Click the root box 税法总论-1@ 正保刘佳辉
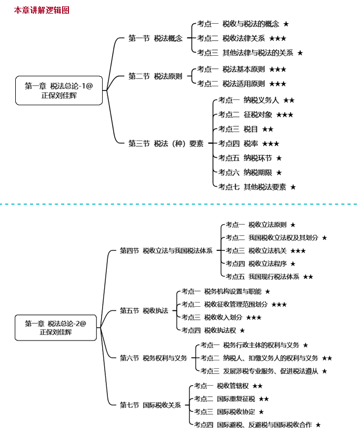(59, 90)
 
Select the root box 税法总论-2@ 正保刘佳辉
(56, 328)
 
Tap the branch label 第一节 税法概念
(155, 38)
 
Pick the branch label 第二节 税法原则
(155, 76)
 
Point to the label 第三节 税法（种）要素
(166, 143)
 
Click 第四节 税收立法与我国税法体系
(166, 251)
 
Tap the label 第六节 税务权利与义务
(153, 358)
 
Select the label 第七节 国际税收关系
(150, 405)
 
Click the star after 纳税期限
(279, 173)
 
